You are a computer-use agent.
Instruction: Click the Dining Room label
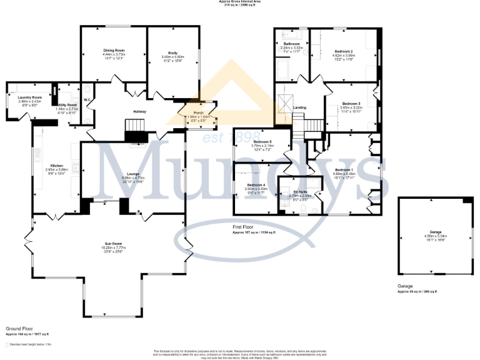114,50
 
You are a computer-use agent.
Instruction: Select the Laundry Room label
29,97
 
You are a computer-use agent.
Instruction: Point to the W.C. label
87,99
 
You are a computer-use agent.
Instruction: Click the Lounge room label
133,174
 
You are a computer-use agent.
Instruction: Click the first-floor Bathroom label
292,43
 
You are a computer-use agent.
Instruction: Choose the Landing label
300,107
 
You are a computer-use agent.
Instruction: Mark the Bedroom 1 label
344,170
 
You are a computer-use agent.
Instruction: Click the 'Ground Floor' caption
18,327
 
